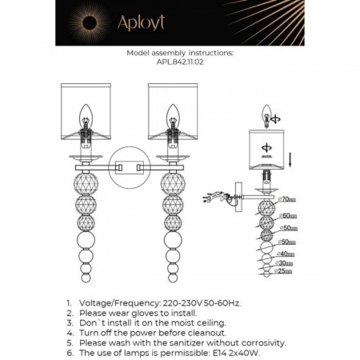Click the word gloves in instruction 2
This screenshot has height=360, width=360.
click(x=138, y=314)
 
